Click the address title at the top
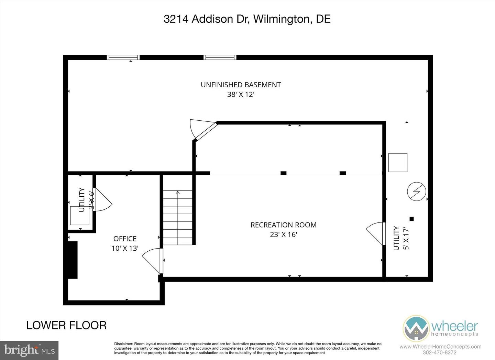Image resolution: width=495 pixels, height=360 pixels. coord(247,19)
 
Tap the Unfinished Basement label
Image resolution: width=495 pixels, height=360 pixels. coord(241,85)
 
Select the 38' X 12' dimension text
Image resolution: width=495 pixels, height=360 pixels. coord(241,94)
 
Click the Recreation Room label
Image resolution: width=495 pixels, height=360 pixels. coord(283,225)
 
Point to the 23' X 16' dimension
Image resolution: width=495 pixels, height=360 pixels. coord(283,234)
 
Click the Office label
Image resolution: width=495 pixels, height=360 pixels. coord(125,239)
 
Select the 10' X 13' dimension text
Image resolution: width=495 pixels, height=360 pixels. coord(125,248)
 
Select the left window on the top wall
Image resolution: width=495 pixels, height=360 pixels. coord(123,57)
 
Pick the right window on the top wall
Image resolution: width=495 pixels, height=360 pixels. coord(220,57)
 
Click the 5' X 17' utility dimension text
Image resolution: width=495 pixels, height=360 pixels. coord(406,238)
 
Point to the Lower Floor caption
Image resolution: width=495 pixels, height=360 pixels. coord(66,325)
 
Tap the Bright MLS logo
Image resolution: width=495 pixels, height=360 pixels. coord(29,350)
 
